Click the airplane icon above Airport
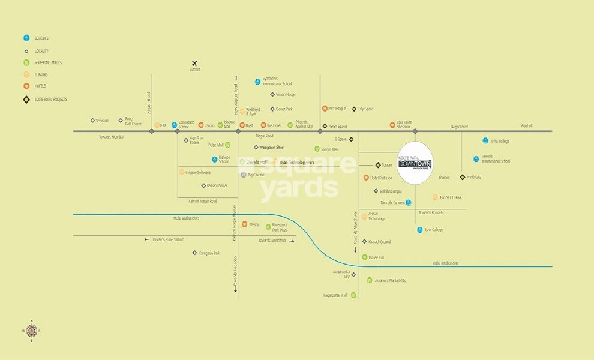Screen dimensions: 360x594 click(194, 63)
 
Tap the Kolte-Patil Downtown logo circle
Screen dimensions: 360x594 click(415, 163)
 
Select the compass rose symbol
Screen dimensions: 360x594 click(32, 330)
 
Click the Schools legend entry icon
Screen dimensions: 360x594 click(26, 38)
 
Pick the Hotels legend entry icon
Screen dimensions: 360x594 click(26, 86)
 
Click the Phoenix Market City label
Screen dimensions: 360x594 click(305, 125)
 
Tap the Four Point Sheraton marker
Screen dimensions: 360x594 click(392, 125)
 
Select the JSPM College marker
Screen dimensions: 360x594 click(485, 141)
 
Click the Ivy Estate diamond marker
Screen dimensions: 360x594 click(461, 177)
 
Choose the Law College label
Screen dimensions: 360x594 click(434, 230)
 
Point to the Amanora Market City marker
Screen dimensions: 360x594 click(370, 280)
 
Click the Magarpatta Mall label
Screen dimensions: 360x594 click(335, 295)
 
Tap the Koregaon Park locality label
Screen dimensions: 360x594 click(209, 253)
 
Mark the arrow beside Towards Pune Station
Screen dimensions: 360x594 click(147, 239)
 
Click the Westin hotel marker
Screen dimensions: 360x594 click(245, 224)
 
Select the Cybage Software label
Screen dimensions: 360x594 click(199, 172)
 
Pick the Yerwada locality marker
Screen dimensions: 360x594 click(92, 121)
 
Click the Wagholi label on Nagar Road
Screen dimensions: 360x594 click(526, 126)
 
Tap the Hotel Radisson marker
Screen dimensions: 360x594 click(366, 178)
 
